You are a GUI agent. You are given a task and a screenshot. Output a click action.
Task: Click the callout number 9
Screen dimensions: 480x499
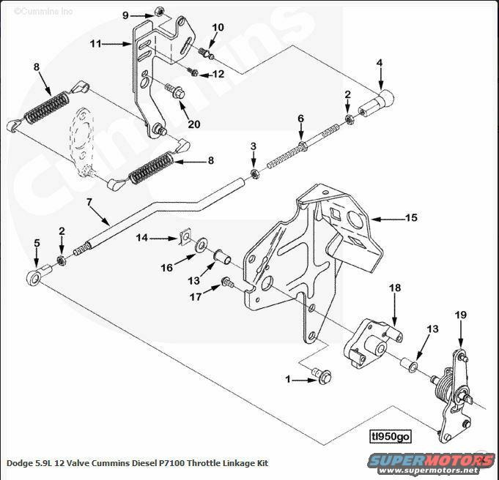pyautogui.click(x=125, y=15)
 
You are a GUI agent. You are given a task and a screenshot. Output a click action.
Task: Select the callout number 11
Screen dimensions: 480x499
pyautogui.click(x=95, y=44)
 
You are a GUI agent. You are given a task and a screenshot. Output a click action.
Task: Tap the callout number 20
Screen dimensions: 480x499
pyautogui.click(x=193, y=124)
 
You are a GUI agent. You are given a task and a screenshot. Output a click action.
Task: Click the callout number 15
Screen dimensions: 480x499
pyautogui.click(x=411, y=217)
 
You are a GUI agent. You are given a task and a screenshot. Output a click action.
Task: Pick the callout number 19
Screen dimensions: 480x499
pyautogui.click(x=460, y=315)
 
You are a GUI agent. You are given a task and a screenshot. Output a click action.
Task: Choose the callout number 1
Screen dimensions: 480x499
pyautogui.click(x=289, y=379)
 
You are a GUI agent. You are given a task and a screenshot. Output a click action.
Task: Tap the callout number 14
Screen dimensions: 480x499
pyautogui.click(x=142, y=237)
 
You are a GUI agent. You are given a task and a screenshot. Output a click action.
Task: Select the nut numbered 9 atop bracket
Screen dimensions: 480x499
pyautogui.click(x=159, y=12)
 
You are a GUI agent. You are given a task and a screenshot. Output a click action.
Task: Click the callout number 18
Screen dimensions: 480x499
pyautogui.click(x=394, y=288)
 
